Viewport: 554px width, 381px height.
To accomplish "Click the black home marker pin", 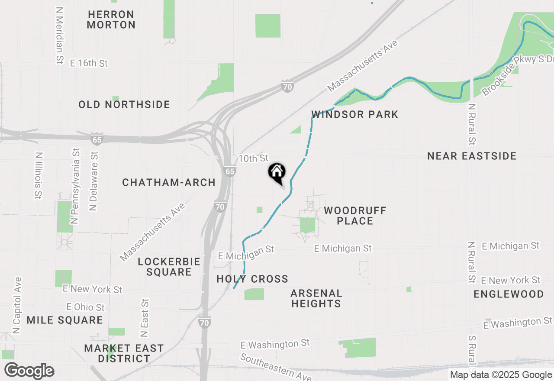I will pyautogui.click(x=277, y=173).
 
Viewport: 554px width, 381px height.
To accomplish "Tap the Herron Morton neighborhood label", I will pyautogui.click(x=111, y=19).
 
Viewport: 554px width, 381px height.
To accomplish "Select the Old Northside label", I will pyautogui.click(x=124, y=104).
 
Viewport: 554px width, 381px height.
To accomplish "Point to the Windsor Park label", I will pyautogui.click(x=354, y=115).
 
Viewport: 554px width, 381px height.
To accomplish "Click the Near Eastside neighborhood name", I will pyautogui.click(x=472, y=156).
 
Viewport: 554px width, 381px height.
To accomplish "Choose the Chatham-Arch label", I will pyautogui.click(x=169, y=182).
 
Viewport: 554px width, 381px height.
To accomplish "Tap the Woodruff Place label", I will pyautogui.click(x=355, y=216).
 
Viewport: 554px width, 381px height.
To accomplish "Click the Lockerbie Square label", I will pyautogui.click(x=169, y=267).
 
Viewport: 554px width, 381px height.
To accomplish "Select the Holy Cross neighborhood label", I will pyautogui.click(x=252, y=279).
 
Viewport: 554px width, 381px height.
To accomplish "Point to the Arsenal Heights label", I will pyautogui.click(x=316, y=298).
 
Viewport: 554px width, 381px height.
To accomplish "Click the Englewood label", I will pyautogui.click(x=509, y=294).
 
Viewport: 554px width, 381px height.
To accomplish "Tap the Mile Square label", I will pyautogui.click(x=64, y=320).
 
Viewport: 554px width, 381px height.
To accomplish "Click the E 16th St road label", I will pyautogui.click(x=89, y=63).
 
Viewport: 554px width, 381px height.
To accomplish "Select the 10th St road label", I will pyautogui.click(x=253, y=158).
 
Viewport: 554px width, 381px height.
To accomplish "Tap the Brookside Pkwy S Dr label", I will pyautogui.click(x=517, y=74).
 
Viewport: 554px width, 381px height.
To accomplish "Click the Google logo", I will pyautogui.click(x=29, y=371).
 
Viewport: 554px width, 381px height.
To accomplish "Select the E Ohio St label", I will pyautogui.click(x=86, y=307).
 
